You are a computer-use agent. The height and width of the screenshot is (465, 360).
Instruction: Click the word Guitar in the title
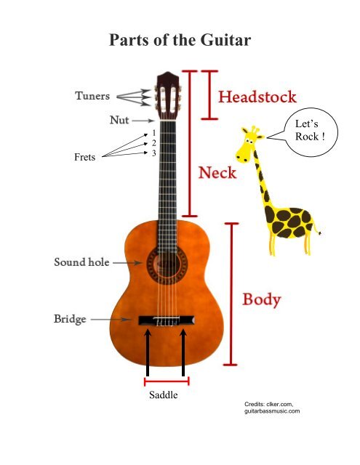click(x=226, y=40)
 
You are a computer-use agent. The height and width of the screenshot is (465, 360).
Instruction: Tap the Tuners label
click(x=92, y=96)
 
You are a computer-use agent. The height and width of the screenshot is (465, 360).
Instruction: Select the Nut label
click(x=119, y=120)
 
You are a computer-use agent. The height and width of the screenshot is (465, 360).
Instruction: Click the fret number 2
click(x=153, y=143)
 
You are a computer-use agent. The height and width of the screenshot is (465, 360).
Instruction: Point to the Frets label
click(x=85, y=157)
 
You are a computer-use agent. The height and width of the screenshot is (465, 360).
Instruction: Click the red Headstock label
click(x=257, y=97)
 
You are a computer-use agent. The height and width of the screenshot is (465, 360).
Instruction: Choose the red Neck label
click(x=217, y=172)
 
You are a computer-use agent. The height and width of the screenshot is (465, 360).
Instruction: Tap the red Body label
click(x=262, y=299)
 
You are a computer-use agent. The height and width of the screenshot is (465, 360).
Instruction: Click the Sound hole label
click(x=81, y=262)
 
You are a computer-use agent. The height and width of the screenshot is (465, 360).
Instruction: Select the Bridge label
click(x=70, y=319)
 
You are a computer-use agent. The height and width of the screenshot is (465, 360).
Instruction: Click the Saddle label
click(x=164, y=395)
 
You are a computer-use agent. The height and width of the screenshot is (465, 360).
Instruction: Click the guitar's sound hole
click(x=167, y=264)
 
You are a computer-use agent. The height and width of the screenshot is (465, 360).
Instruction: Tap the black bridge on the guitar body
click(x=167, y=320)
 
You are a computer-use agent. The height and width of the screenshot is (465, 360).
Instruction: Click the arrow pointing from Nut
click(x=143, y=121)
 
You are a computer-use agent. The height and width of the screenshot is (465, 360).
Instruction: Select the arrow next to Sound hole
click(x=127, y=263)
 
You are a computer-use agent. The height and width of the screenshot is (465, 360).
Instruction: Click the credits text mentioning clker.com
click(x=272, y=408)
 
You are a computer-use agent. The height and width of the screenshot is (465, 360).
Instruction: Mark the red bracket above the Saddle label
click(x=167, y=381)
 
